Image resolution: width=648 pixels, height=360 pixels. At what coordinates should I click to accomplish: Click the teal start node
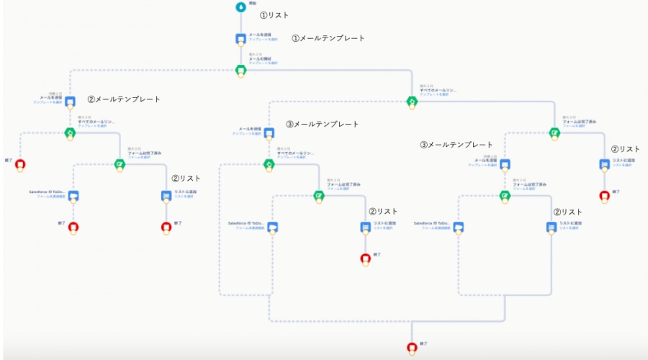point(240,6)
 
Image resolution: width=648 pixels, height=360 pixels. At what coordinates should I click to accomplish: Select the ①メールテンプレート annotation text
point(328,38)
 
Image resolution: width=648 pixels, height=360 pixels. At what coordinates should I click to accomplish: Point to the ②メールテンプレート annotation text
point(123,99)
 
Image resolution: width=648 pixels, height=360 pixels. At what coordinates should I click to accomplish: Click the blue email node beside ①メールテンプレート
point(240,38)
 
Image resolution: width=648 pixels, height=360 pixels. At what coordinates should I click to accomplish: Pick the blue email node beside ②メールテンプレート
point(71,101)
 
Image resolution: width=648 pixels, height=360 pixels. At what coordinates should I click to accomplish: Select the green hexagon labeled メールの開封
point(240,69)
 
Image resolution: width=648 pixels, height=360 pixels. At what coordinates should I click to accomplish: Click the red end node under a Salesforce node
point(73,227)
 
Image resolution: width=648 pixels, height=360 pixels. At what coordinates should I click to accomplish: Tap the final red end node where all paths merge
point(412,348)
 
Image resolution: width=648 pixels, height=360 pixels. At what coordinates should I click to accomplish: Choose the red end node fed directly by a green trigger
point(19,164)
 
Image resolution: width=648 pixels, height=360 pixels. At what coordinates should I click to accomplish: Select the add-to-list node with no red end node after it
point(552,227)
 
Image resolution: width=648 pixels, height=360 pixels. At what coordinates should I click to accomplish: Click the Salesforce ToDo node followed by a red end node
point(73,196)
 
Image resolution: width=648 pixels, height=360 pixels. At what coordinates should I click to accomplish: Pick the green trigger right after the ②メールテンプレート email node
point(71,132)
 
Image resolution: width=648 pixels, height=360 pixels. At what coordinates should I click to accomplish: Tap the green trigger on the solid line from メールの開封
point(411,101)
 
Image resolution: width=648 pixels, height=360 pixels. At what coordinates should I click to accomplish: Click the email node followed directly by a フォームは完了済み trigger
point(505,164)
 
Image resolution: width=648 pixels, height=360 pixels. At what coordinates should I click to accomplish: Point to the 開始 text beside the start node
point(253,4)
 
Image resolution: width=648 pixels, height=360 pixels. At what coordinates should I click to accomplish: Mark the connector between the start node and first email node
point(240,22)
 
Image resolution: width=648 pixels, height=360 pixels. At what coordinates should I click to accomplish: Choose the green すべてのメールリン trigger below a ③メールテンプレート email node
point(269,164)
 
